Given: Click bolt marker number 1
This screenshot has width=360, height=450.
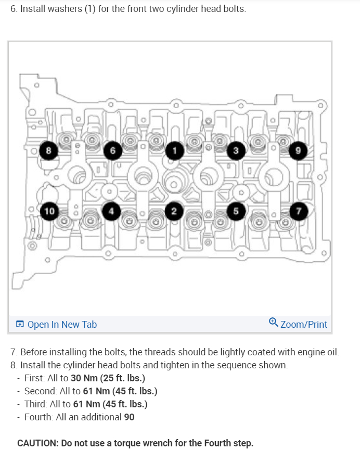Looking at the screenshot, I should click(175, 151).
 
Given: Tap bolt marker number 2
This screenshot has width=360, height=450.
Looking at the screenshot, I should click(174, 211).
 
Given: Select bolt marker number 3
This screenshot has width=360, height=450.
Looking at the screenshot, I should click(236, 151).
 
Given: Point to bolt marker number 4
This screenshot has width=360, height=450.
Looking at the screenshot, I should click(111, 211).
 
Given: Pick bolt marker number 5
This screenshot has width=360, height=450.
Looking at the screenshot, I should click(236, 211).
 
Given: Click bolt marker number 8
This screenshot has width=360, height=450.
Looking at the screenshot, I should click(49, 151).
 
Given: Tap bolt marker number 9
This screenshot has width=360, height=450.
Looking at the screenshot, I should click(299, 151).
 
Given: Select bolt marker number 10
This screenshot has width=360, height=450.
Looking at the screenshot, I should click(49, 211).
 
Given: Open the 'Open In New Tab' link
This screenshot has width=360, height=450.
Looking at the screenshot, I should click(62, 325).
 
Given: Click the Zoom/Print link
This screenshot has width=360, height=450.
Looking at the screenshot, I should click(304, 325).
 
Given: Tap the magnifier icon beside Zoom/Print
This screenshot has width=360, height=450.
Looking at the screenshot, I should click(274, 323).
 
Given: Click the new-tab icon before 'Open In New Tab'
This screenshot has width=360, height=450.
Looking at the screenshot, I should click(20, 325).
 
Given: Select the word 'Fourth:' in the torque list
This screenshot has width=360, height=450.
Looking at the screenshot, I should click(40, 417).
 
